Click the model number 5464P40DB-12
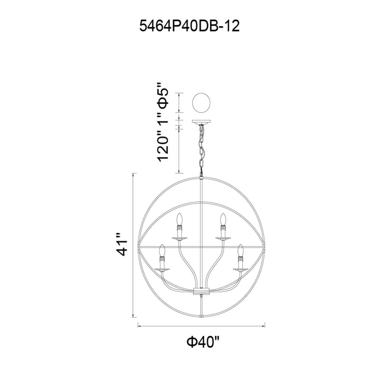coord(189,26)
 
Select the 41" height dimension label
coord(122,244)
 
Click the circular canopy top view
coord(201,103)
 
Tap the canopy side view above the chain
coord(201,122)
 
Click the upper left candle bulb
coord(179,219)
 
